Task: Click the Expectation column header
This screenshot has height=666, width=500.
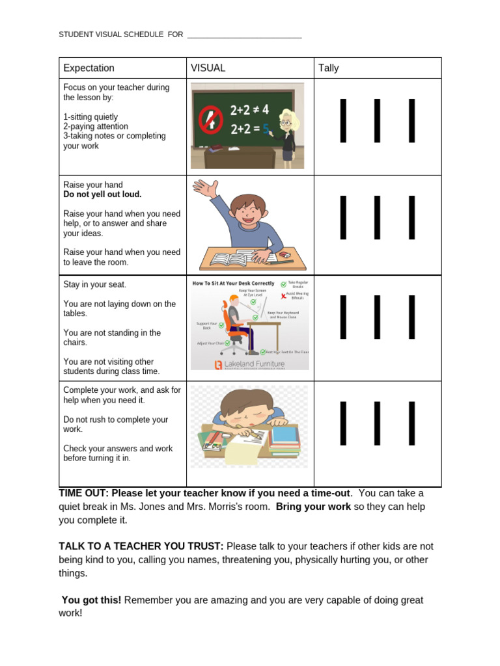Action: pyautogui.click(x=89, y=68)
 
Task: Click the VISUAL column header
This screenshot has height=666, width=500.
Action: pyautogui.click(x=208, y=68)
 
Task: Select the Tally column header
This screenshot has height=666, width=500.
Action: pyautogui.click(x=329, y=68)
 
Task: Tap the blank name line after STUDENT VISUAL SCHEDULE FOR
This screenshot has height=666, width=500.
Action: pyautogui.click(x=244, y=35)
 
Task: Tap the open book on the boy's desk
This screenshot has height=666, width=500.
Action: pyautogui.click(x=229, y=259)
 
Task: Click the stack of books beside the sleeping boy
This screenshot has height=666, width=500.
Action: pyautogui.click(x=284, y=441)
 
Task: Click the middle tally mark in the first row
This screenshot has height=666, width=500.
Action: pyautogui.click(x=377, y=120)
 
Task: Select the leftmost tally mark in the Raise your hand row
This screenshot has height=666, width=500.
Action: pyautogui.click(x=343, y=217)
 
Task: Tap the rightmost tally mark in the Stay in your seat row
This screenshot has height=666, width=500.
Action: pyautogui.click(x=411, y=317)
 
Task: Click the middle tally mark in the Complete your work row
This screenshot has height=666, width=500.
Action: pyautogui.click(x=377, y=423)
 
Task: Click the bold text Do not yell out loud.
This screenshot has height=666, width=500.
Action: pyautogui.click(x=102, y=194)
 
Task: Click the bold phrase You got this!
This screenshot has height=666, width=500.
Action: pyautogui.click(x=91, y=600)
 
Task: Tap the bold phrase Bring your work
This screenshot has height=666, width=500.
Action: pyautogui.click(x=313, y=507)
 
